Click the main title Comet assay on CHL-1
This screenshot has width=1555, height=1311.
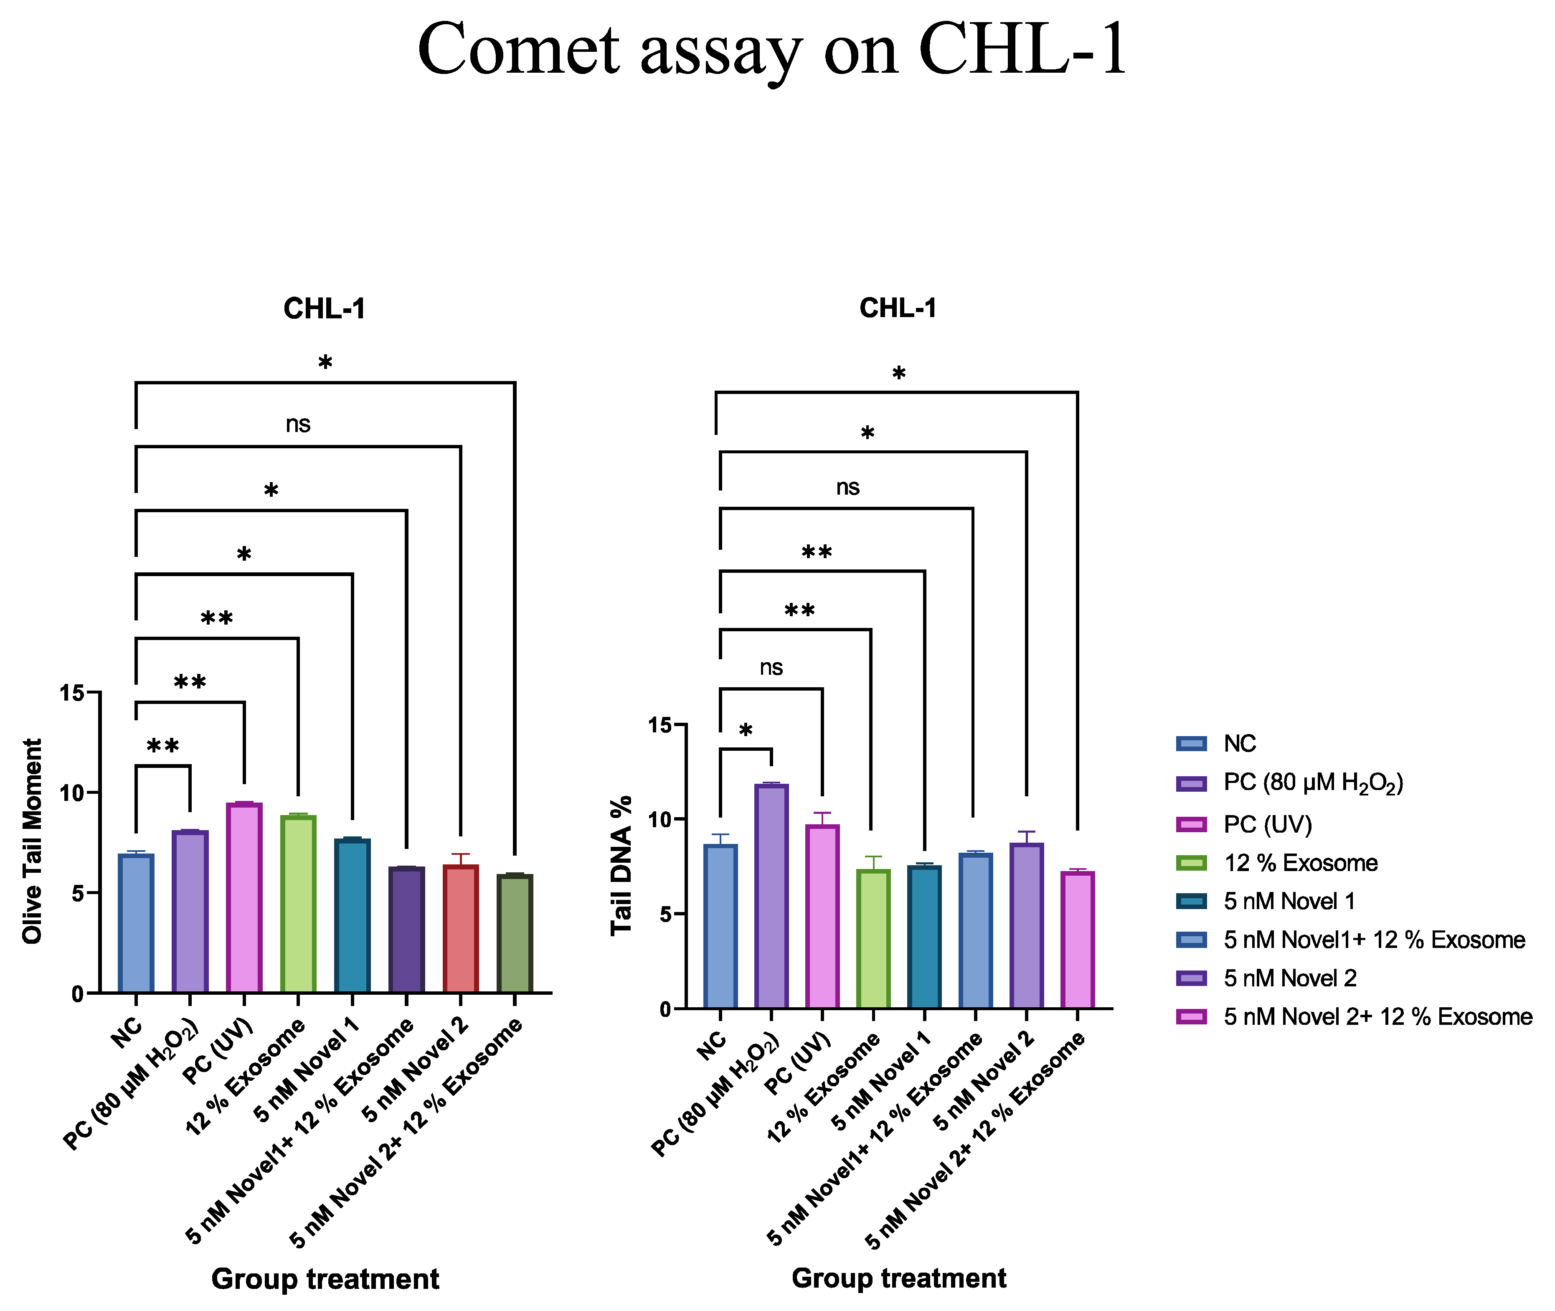click(x=773, y=51)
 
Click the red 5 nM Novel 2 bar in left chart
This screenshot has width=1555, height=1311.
click(x=461, y=929)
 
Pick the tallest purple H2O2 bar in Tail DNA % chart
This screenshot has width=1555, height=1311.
click(x=771, y=896)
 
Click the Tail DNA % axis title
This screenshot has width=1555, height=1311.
click(x=621, y=866)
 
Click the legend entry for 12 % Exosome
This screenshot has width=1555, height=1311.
click(x=1300, y=863)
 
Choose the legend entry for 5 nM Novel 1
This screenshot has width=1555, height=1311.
click(x=1289, y=902)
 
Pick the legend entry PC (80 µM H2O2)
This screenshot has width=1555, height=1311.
click(x=1313, y=783)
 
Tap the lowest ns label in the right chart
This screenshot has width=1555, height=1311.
click(x=771, y=667)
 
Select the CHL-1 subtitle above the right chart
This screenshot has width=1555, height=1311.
click(x=898, y=307)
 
